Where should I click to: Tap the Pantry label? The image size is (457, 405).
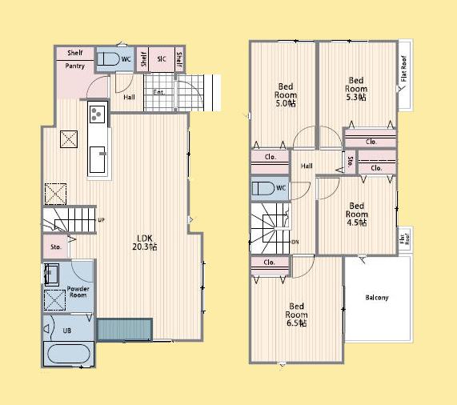pos(75,66)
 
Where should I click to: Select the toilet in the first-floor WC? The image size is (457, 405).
pos(110,59)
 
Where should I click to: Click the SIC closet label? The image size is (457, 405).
pos(161,59)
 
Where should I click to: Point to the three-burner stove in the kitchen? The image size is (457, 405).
pos(96,114)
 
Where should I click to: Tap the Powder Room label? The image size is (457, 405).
pos(78,291)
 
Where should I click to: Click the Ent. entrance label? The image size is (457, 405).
pos(158,92)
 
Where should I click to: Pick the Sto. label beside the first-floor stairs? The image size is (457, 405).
pos(55,248)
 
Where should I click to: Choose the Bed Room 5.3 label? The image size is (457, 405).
pos(356,88)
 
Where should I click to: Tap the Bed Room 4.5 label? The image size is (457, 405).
pos(357,214)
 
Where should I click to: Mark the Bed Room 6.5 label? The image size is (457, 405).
pos(297,314)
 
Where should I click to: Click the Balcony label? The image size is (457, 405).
pos(376,298)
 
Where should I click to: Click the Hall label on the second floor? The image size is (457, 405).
pos(307,166)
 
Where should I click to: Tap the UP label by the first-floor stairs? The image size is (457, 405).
pos(102,220)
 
